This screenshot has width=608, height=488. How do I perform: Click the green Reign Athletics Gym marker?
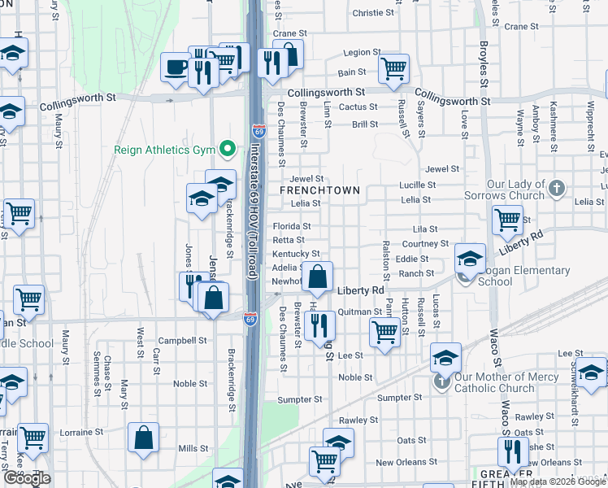pyautogui.click(x=228, y=149)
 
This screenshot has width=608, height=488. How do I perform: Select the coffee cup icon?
pyautogui.click(x=175, y=68)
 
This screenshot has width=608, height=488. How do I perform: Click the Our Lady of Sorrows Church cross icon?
pyautogui.click(x=556, y=189)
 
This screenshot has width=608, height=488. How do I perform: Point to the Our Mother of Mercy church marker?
pyautogui.click(x=441, y=381)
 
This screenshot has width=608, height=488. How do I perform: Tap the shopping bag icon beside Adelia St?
pyautogui.click(x=319, y=277)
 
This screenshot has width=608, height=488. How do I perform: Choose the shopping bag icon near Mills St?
pyautogui.click(x=143, y=438)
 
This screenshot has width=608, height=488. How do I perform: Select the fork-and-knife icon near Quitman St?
pyautogui.click(x=323, y=326)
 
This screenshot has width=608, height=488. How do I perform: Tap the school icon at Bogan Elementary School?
pyautogui.click(x=469, y=259)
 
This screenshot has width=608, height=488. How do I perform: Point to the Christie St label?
pyautogui.click(x=373, y=13)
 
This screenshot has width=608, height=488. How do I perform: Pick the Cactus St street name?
pyautogui.click(x=358, y=107)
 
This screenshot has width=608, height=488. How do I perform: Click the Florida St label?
pyautogui.click(x=291, y=226)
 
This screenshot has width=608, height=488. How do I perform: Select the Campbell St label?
pyautogui.click(x=177, y=341)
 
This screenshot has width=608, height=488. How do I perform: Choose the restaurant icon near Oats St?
pyautogui.click(x=513, y=451)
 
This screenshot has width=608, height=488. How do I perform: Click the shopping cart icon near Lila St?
pyautogui.click(x=507, y=219)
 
